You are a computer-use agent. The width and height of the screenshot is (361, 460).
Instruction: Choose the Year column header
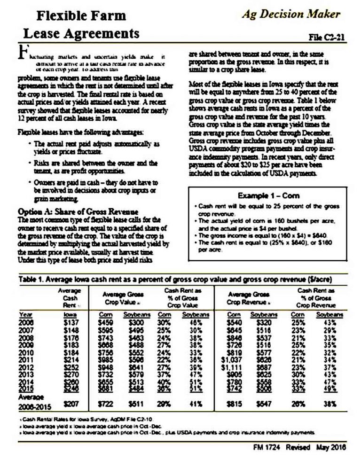tap(25, 314)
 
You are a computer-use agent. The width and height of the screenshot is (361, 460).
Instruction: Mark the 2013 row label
tap(26, 374)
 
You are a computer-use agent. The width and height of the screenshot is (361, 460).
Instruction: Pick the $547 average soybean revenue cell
tap(266, 403)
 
